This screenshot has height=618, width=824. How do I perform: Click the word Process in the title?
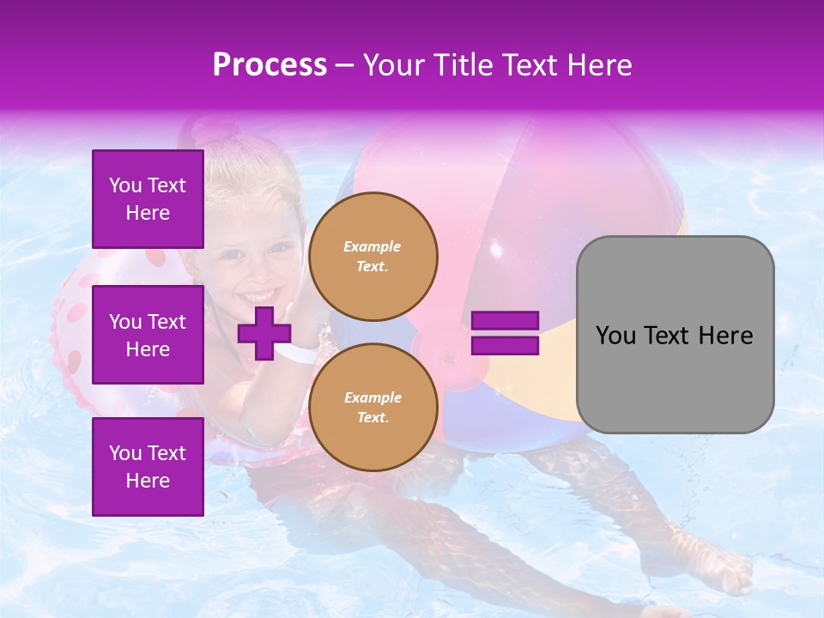click(270, 65)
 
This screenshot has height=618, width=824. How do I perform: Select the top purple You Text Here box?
click(148, 199)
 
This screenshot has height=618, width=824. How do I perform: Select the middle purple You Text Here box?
click(148, 335)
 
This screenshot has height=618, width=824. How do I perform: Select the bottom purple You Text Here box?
click(148, 466)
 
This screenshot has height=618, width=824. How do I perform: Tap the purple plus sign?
click(264, 333)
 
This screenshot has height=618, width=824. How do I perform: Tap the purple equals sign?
click(506, 333)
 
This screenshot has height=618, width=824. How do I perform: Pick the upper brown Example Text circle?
click(373, 256)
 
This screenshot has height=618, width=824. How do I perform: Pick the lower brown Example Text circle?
click(373, 407)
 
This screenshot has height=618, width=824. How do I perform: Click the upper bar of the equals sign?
click(506, 321)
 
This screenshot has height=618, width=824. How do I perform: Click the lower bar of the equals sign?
click(506, 345)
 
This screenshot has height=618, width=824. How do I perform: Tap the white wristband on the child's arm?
click(295, 353)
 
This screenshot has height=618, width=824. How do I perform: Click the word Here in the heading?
click(598, 65)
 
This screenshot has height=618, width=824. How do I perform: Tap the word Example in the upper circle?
click(373, 246)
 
